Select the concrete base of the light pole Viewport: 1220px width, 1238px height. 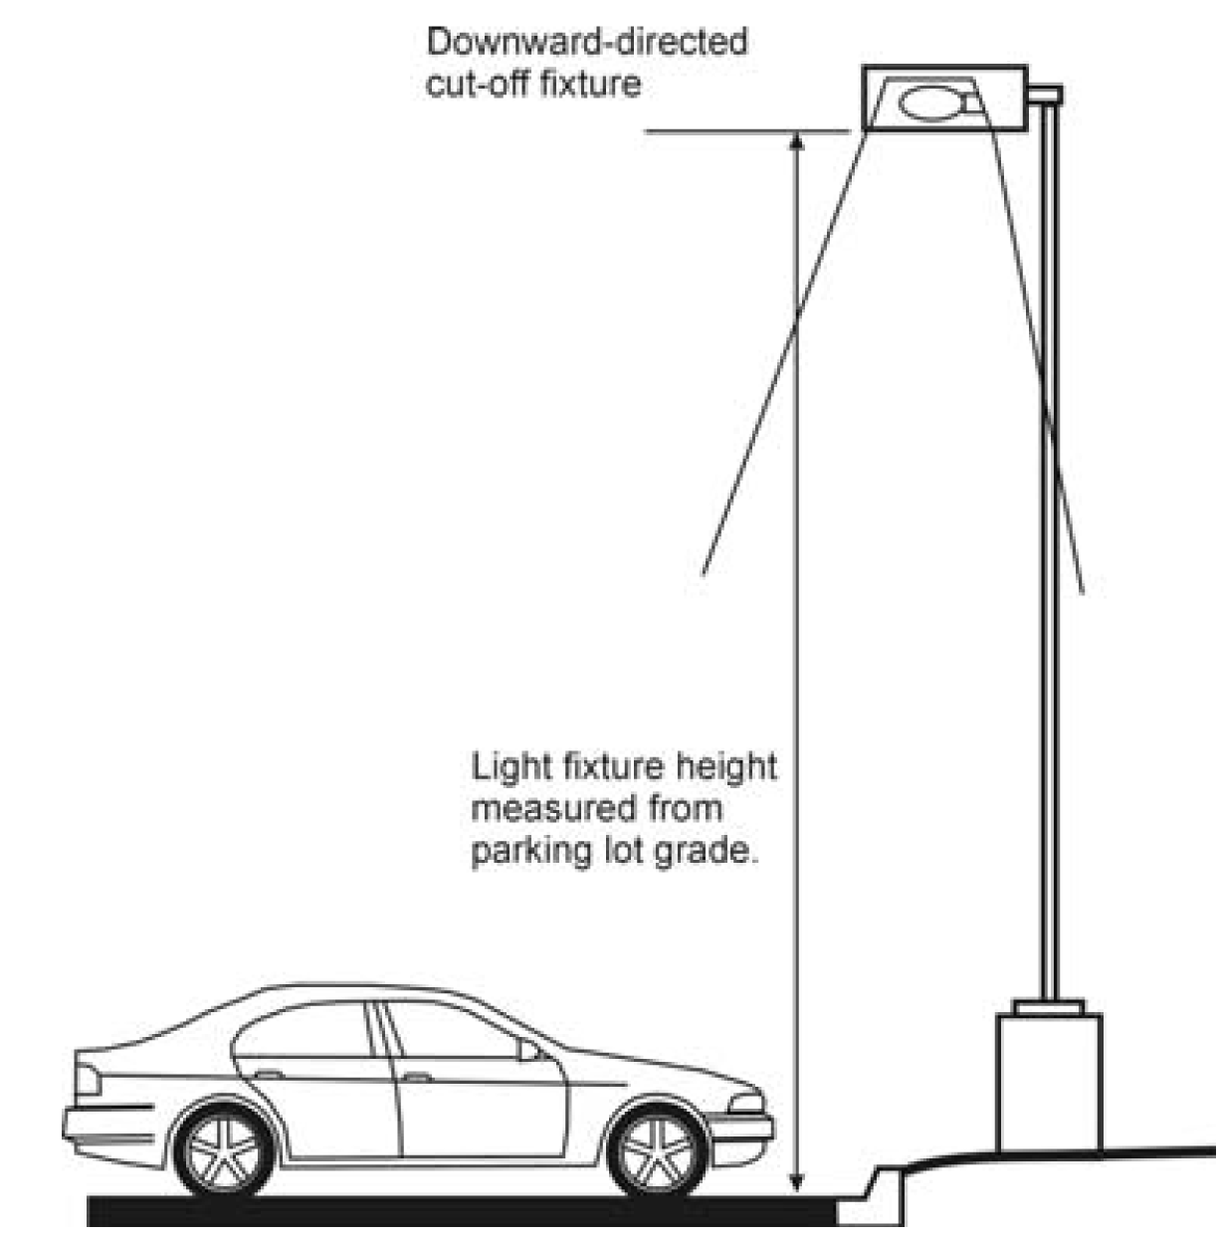click(1050, 1080)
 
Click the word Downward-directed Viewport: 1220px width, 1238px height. click(586, 43)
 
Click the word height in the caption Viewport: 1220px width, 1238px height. click(726, 767)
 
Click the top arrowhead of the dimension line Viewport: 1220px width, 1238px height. click(796, 139)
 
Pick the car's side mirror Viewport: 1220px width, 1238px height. click(526, 1050)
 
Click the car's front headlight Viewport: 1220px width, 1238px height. click(745, 1103)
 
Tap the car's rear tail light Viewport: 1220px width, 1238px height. click(86, 1079)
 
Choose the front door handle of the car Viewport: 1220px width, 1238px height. click(416, 1077)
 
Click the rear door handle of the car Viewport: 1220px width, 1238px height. click(269, 1074)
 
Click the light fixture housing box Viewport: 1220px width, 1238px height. click(944, 99)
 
